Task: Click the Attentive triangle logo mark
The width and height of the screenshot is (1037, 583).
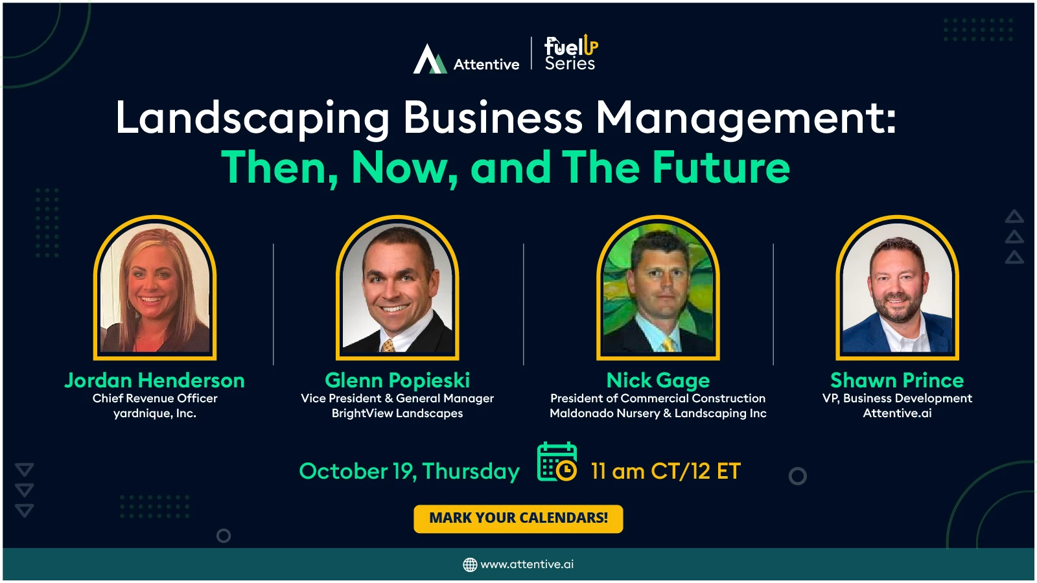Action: (430, 59)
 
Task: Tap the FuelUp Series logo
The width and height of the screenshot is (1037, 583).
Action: (571, 52)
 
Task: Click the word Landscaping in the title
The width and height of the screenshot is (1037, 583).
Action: (252, 119)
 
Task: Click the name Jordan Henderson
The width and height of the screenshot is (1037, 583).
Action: (155, 380)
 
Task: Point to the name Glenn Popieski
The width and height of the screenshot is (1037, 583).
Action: (397, 380)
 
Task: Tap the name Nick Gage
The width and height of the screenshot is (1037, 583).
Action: (658, 380)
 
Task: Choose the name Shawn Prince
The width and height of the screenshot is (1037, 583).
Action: (897, 380)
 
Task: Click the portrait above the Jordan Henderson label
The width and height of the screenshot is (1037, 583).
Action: (155, 288)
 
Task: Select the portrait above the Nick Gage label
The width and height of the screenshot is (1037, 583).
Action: (658, 288)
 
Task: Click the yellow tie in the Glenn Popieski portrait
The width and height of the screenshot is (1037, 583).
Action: (388, 345)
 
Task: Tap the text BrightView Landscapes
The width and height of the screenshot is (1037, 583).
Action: (397, 413)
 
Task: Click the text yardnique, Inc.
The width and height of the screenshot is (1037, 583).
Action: (155, 413)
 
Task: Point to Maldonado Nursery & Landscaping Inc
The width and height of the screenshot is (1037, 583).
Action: (658, 413)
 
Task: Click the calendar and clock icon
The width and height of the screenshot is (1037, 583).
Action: (557, 462)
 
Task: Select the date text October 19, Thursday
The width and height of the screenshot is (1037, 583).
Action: (410, 472)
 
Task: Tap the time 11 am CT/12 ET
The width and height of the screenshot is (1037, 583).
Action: (666, 472)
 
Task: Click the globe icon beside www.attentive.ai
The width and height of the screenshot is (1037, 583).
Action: (470, 564)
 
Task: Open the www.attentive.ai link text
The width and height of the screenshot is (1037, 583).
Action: (528, 564)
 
